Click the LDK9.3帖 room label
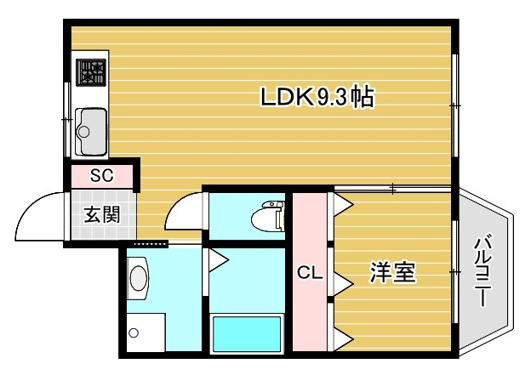coord(317,97)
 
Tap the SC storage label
coord(101,175)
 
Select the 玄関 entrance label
coord(101,214)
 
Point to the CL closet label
coord(310,272)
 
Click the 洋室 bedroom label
coord(392,272)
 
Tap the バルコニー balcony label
coord(482,270)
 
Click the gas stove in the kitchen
coord(91,72)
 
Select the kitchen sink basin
coord(91,132)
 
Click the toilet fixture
coord(268,216)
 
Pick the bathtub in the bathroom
coord(247,334)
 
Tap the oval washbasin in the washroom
coord(140,278)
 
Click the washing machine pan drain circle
coord(134,332)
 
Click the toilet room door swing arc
coord(178,204)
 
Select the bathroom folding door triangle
coord(219,260)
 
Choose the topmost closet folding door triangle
coord(344,204)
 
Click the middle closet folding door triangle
coord(344,282)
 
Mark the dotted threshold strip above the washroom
coord(151,244)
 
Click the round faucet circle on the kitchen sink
coord(83,132)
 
